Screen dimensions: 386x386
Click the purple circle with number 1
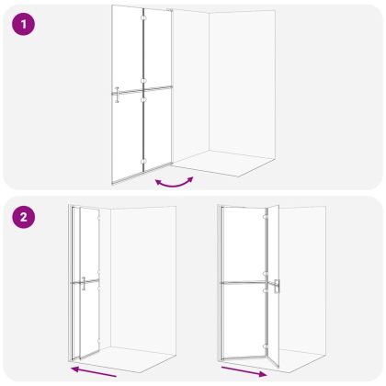pos(24,24)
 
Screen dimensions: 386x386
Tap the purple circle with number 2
pos(24,217)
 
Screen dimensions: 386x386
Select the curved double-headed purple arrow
pos(175,184)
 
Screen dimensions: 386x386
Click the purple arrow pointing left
pos(93,371)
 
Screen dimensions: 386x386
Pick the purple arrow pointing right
pos(244,371)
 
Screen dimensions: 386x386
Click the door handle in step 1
pos(117,95)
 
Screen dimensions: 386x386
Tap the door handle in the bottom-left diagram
pos(84,283)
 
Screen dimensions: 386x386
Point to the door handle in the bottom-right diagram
pos(277,287)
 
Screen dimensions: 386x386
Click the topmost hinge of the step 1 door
pos(143,17)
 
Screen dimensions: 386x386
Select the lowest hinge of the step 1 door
pos(143,162)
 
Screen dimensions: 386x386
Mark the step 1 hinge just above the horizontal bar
pos(143,81)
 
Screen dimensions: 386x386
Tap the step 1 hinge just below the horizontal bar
pos(143,99)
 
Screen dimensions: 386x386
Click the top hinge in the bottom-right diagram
pos(266,217)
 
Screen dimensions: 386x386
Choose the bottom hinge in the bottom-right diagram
pos(266,346)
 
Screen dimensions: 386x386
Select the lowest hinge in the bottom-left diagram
pos(98,340)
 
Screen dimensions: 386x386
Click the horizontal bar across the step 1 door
pos(142,90)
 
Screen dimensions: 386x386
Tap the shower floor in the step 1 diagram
pos(222,164)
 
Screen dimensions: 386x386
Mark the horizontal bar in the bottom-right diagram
pos(245,282)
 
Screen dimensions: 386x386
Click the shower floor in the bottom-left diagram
pos(129,359)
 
